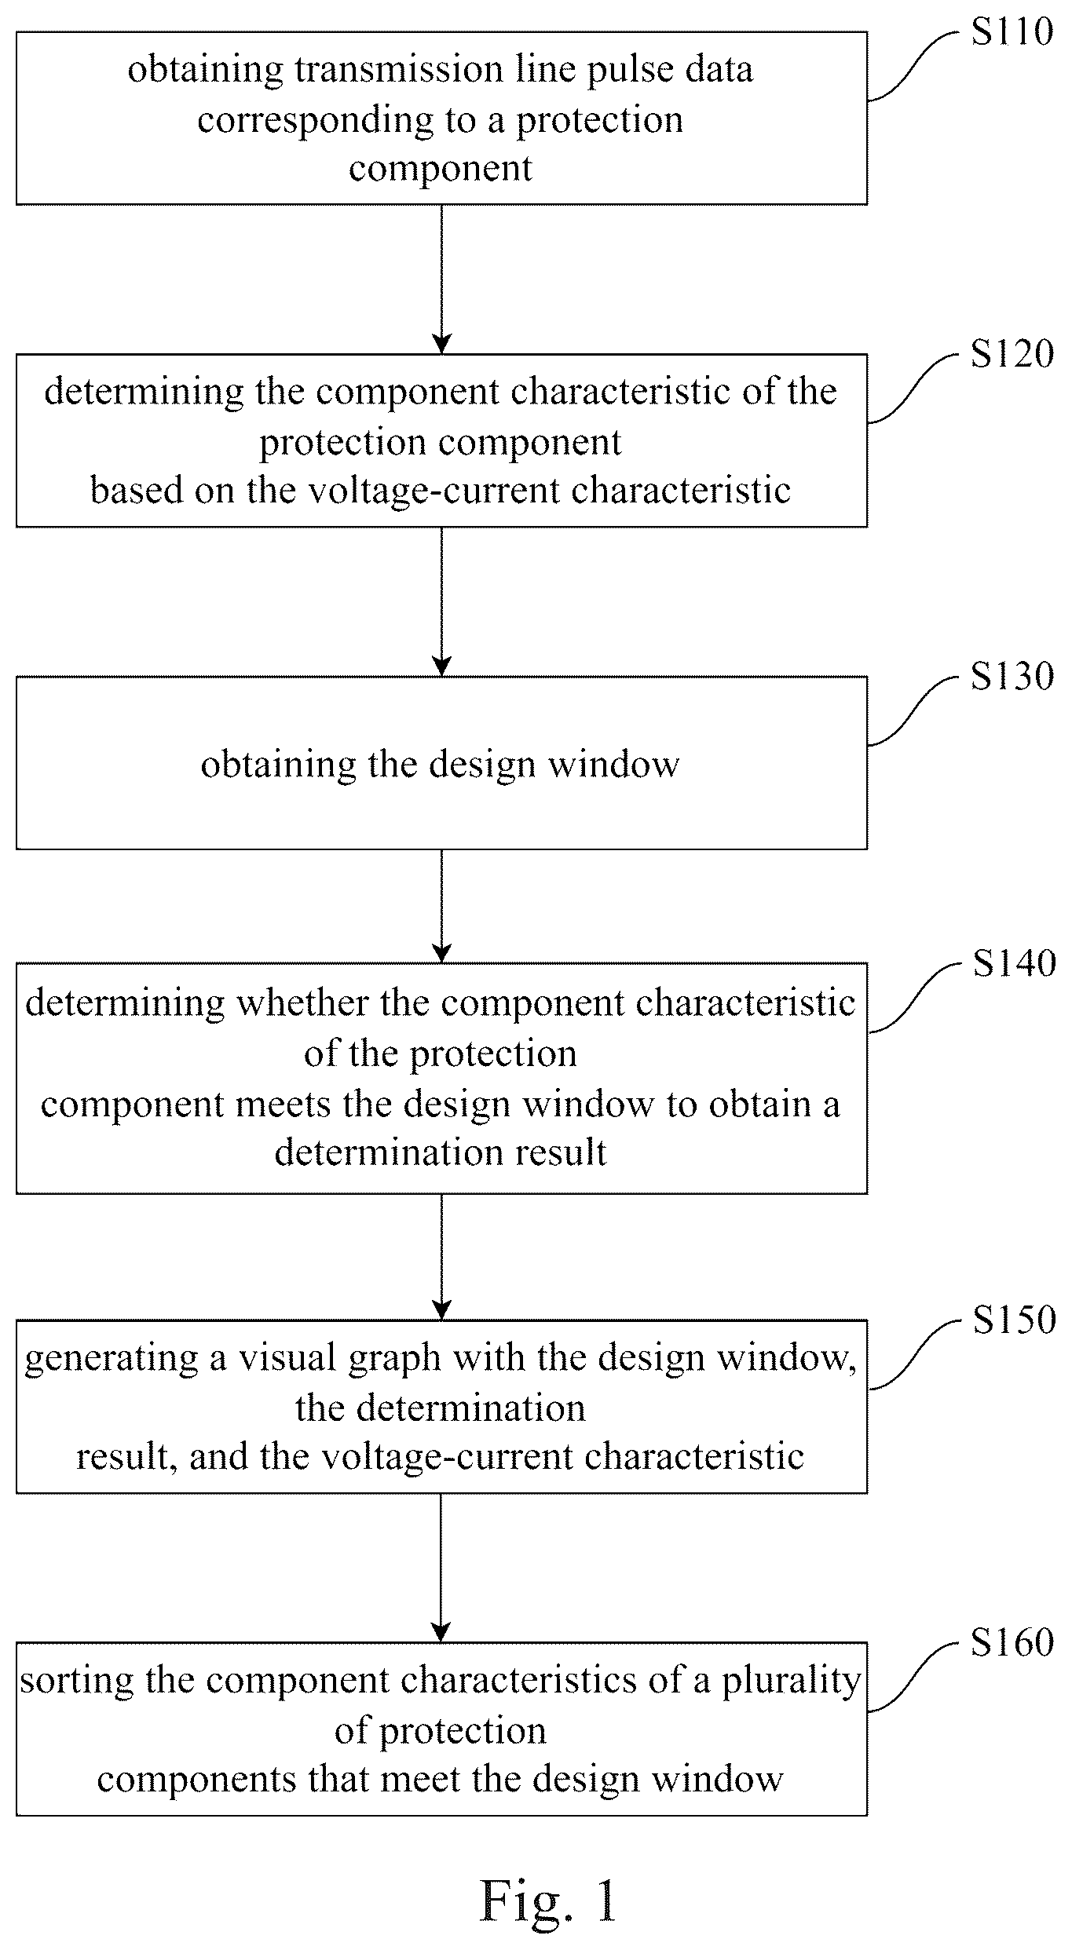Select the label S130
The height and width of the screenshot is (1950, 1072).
[x=1012, y=676]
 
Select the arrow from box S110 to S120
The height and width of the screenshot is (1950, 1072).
[x=441, y=279]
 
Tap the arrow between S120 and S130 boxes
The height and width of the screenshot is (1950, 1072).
[x=441, y=601]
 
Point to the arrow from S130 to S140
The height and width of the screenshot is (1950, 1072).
[x=441, y=906]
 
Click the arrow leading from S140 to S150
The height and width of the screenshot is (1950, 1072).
[x=441, y=1258]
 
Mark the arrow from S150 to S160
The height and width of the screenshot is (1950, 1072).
[x=441, y=1568]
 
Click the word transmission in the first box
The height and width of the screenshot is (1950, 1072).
[x=399, y=69]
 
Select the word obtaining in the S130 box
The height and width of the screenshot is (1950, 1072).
[x=278, y=765]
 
